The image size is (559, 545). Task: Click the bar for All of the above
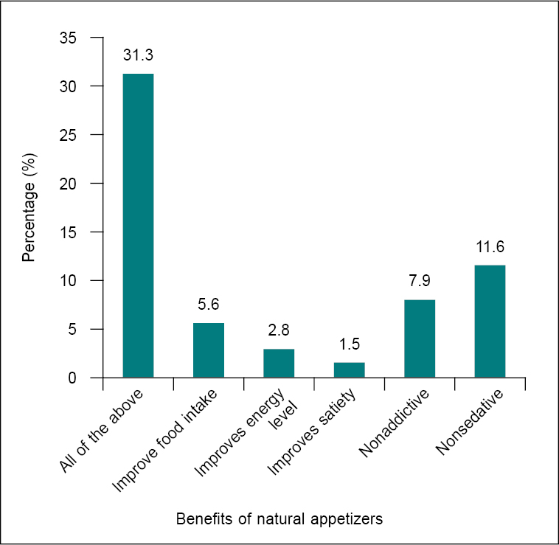pos(138,226)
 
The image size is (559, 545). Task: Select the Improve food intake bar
pos(209,350)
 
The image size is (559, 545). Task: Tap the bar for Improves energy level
pos(279,364)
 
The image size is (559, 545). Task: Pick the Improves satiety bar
pos(350,370)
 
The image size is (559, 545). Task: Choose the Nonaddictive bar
pos(420,339)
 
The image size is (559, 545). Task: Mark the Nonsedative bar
pos(490,321)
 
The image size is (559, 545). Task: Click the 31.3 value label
pos(138,55)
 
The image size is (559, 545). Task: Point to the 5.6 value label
pos(209,304)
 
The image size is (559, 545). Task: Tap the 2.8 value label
pos(279,330)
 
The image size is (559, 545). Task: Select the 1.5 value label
pos(350,344)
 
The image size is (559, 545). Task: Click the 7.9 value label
pos(420,281)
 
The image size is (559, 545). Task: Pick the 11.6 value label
pos(490,246)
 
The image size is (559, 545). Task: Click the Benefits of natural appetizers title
pos(279,519)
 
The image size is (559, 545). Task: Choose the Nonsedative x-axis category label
pos(470,422)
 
